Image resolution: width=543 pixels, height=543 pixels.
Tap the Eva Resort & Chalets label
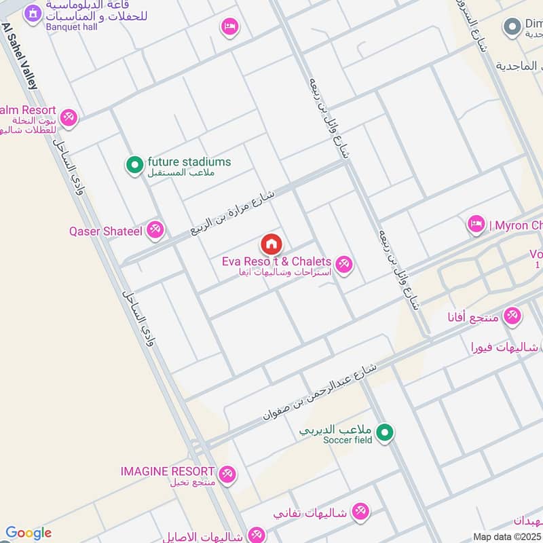(276, 261)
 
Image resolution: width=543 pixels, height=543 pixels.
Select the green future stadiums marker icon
(134, 164)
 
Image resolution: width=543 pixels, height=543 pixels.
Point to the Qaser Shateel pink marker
(155, 231)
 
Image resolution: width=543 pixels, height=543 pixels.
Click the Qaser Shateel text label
(105, 231)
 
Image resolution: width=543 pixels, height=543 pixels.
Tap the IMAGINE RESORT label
(167, 471)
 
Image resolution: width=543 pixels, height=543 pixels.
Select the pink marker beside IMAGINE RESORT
(227, 474)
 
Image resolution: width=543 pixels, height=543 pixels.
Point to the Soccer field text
(349, 441)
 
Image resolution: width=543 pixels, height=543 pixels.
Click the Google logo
(28, 533)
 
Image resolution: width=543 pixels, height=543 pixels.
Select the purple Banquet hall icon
(31, 13)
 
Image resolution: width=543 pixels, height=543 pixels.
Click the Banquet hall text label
(71, 27)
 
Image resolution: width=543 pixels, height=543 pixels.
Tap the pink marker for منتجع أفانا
(512, 316)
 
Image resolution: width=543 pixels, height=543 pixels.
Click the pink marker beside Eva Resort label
(344, 264)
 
